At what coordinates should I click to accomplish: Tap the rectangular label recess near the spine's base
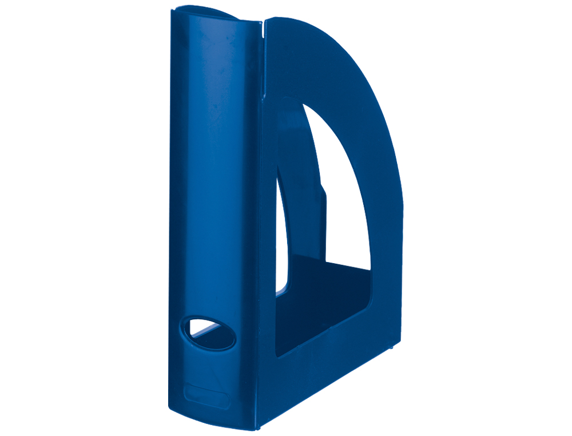(206, 396)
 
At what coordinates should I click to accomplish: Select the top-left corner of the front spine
(172, 14)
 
